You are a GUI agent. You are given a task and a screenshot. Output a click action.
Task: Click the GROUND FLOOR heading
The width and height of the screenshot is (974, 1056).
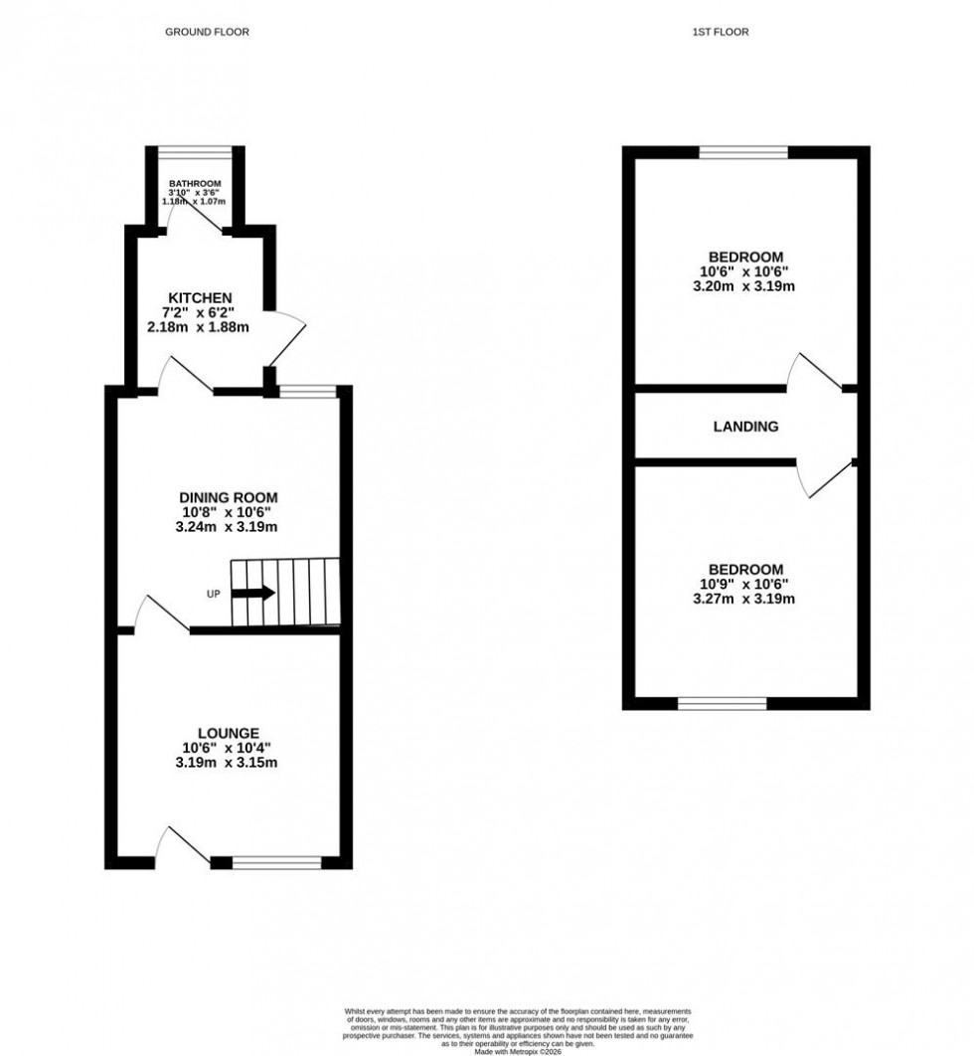pyautogui.click(x=207, y=32)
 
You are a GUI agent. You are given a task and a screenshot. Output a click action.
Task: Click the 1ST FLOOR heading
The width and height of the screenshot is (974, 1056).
pyautogui.click(x=721, y=32)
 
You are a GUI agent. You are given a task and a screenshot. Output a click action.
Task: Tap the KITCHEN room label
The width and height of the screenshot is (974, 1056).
pyautogui.click(x=200, y=297)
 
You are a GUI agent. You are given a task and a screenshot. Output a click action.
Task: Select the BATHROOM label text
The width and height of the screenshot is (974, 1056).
pyautogui.click(x=195, y=184)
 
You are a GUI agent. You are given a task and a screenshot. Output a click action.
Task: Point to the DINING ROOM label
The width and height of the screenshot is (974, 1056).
pyautogui.click(x=228, y=497)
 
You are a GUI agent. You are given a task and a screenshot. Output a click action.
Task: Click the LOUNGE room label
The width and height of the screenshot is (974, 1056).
pyautogui.click(x=228, y=733)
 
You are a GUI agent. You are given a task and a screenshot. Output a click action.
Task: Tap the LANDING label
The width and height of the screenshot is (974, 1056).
pyautogui.click(x=745, y=427)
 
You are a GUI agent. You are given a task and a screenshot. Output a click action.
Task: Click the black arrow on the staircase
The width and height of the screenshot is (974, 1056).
pyautogui.click(x=255, y=594)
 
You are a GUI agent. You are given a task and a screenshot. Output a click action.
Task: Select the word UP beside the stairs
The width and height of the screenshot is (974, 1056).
pyautogui.click(x=213, y=595)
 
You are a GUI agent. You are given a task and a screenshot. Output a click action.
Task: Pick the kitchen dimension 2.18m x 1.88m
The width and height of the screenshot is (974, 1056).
pyautogui.click(x=200, y=326)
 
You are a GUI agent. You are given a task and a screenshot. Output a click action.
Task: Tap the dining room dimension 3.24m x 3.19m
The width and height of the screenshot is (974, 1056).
pyautogui.click(x=228, y=527)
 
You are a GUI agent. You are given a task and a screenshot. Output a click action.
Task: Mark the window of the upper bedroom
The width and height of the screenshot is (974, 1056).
pyautogui.click(x=743, y=152)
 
